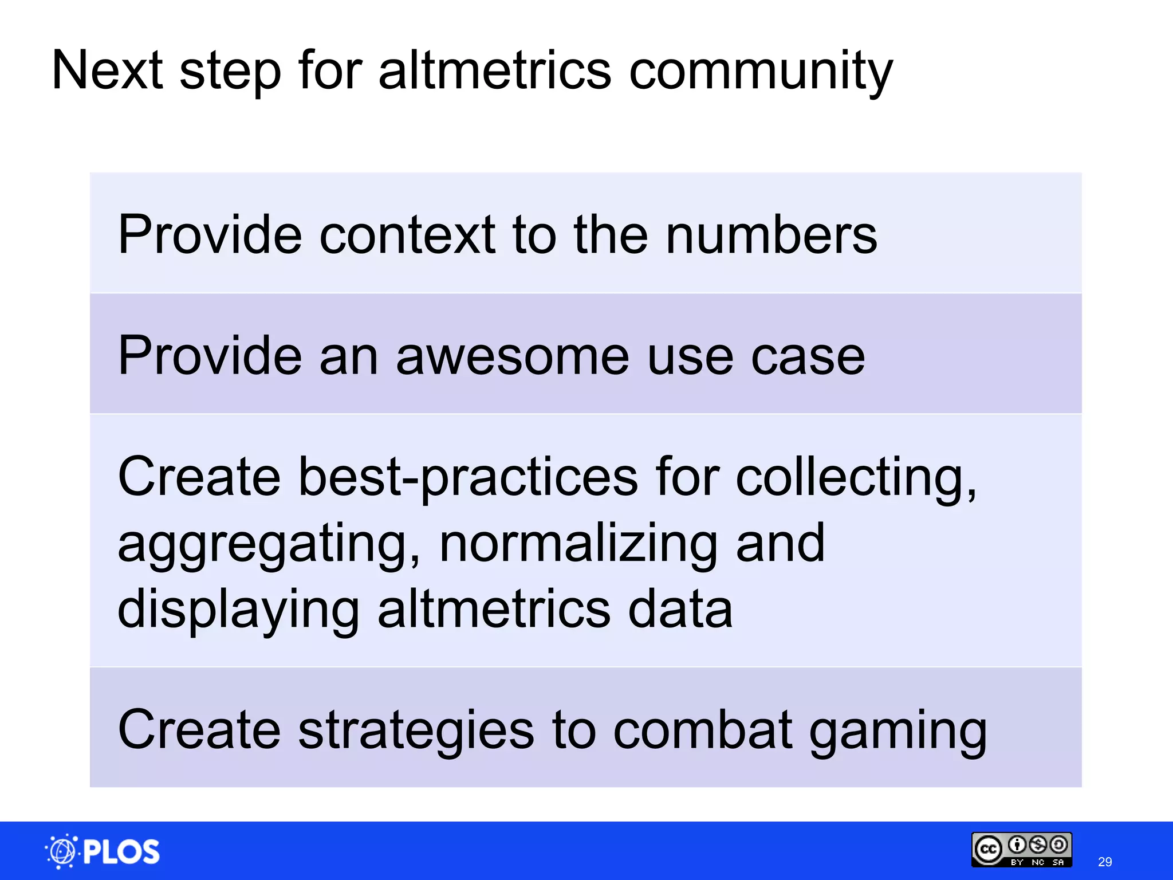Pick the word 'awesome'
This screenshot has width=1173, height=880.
(x=513, y=356)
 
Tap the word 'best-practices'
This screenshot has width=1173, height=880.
(x=468, y=477)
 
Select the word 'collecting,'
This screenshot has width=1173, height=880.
(x=857, y=477)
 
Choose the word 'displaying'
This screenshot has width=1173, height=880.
(x=238, y=610)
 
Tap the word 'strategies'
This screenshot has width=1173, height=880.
(x=416, y=730)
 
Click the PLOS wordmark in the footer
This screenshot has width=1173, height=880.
(x=121, y=852)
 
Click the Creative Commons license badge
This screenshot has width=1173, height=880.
(x=1021, y=850)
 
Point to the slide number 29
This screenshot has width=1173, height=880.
(x=1105, y=862)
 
